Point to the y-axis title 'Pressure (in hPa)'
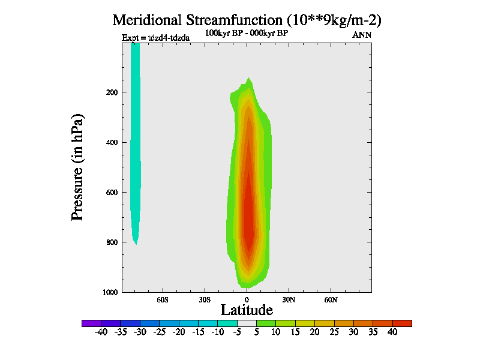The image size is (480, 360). click(x=77, y=166)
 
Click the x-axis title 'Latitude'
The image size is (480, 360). click(x=247, y=310)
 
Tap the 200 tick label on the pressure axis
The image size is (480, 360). click(x=110, y=92)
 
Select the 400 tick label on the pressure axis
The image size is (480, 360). click(x=110, y=142)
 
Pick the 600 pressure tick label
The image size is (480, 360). click(x=110, y=193)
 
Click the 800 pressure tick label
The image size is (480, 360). click(x=110, y=242)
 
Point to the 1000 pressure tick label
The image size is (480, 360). click(x=109, y=292)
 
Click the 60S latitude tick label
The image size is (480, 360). click(x=163, y=299)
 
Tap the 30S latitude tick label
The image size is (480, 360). click(x=205, y=299)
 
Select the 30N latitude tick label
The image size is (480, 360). click(x=289, y=299)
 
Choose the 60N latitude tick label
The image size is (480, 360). click(x=331, y=299)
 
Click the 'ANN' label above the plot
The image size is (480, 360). click(x=361, y=35)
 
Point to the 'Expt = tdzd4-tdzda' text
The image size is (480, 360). click(x=155, y=38)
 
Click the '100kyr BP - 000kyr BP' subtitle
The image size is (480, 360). click(x=247, y=33)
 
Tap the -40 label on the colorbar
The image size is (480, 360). click(x=101, y=332)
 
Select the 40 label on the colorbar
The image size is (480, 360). click(x=392, y=332)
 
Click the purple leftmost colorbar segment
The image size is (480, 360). click(x=91, y=323)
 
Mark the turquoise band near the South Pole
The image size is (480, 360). click(x=135, y=150)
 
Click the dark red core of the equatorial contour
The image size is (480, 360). click(x=247, y=216)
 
